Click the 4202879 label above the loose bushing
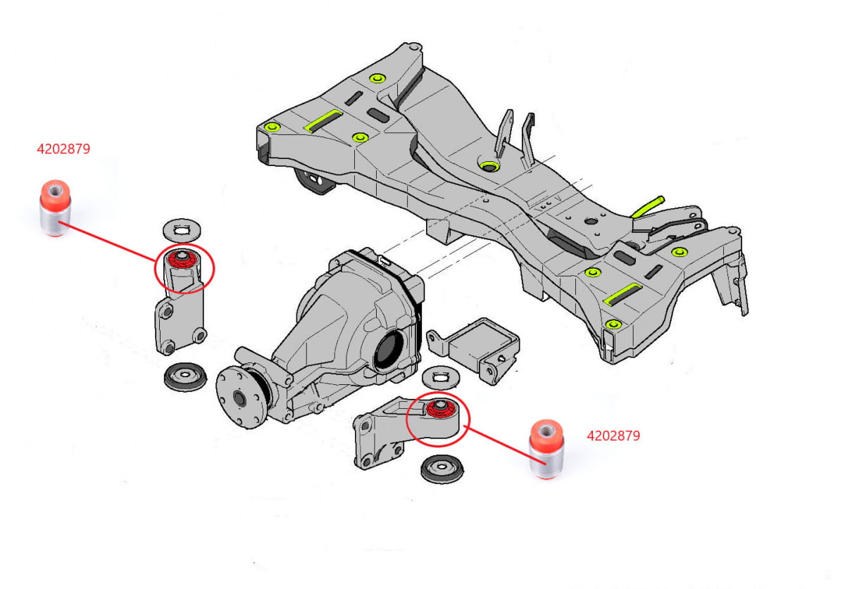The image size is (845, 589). [x=63, y=149]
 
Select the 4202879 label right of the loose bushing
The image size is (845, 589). [x=613, y=436]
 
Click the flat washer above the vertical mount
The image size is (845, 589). [x=182, y=229]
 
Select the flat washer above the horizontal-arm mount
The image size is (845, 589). [x=442, y=376]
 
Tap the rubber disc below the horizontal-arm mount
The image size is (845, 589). [x=442, y=469]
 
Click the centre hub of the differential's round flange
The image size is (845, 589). [x=237, y=399]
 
